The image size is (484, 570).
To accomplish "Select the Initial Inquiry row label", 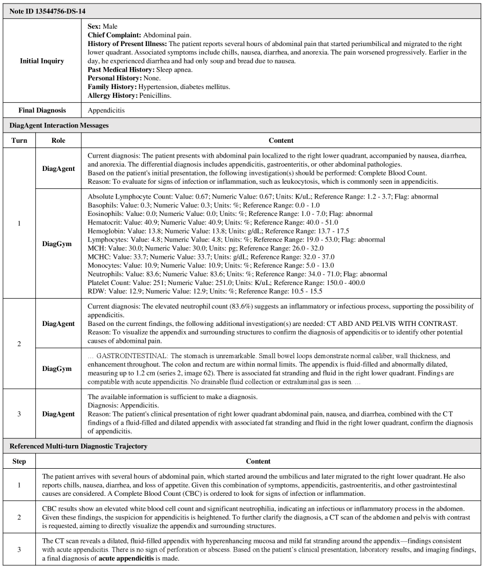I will (42, 61).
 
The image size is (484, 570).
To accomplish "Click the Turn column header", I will (19, 140).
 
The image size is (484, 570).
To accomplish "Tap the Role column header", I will (58, 140).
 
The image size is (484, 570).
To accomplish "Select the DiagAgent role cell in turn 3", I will (58, 413).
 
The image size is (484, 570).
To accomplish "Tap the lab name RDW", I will (96, 291).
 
